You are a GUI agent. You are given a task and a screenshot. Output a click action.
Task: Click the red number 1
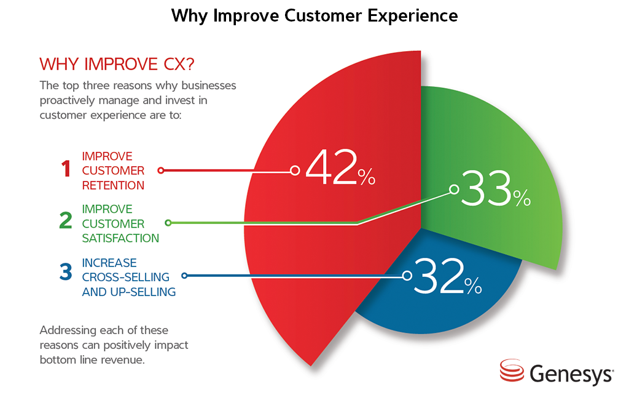point(66,170)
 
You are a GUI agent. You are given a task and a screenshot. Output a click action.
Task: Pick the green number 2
point(66,222)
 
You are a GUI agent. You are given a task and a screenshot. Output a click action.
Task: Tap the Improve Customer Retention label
point(114,170)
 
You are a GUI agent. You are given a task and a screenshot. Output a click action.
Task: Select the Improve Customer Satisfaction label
point(120,223)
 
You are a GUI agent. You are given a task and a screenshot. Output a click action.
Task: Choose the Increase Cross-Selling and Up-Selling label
point(128,277)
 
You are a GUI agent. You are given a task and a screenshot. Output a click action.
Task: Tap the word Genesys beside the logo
point(571,374)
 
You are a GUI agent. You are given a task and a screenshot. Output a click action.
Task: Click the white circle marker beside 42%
point(295,170)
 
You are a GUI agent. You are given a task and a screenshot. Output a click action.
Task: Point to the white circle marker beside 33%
point(454,190)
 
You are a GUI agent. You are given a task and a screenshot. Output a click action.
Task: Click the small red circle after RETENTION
point(160,170)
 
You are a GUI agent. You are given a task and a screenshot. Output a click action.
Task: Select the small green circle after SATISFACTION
point(168,223)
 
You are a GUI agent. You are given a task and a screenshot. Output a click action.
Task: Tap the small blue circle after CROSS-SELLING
point(184,276)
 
